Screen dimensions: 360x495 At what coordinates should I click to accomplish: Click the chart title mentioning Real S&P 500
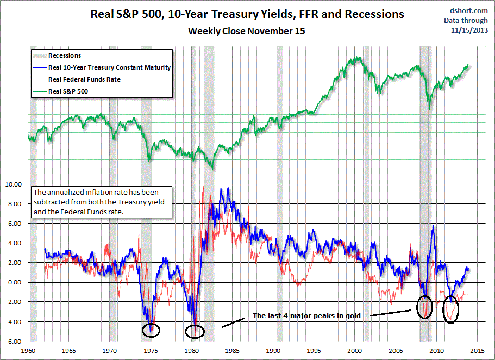coord(247,14)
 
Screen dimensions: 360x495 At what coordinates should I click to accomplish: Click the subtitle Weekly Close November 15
coord(247,31)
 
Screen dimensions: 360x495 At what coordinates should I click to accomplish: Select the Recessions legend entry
coord(65,55)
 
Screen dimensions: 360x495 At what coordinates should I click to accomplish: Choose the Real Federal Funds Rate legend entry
coord(84,79)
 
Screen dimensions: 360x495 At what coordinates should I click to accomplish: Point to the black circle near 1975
coord(151,329)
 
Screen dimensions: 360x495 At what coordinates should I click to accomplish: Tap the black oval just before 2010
coord(425,308)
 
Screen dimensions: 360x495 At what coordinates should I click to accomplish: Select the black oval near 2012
coord(451,309)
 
